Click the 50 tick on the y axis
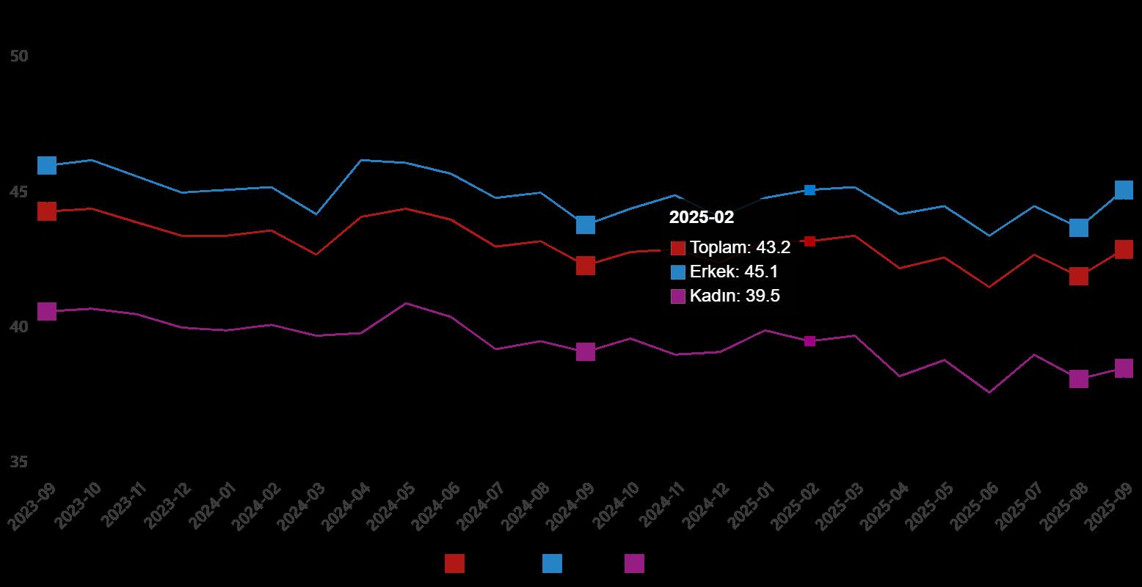(19, 56)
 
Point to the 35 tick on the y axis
(19, 462)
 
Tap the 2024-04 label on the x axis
(346, 506)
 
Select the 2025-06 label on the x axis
(974, 506)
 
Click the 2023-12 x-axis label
(167, 506)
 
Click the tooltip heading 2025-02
(701, 217)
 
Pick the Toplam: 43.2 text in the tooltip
(740, 247)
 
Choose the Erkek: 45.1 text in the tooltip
(734, 272)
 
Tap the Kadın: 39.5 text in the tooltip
(735, 296)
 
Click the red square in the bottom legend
(454, 564)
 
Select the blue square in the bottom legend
(552, 564)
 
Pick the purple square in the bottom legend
(634, 564)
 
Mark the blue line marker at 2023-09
(47, 165)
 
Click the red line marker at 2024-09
(585, 266)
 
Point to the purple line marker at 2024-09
(585, 352)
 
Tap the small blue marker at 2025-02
(810, 190)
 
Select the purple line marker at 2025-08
(1078, 379)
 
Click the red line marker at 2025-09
(1124, 249)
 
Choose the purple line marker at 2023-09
(47, 311)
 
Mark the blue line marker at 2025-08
(1078, 227)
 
